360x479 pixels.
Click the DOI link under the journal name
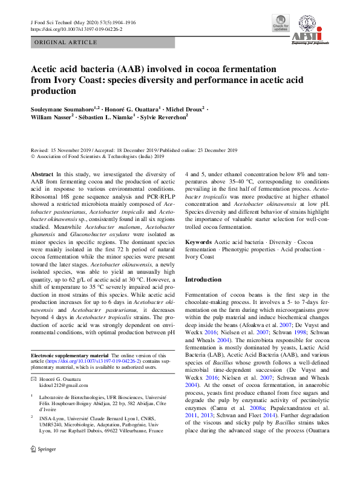click(76, 28)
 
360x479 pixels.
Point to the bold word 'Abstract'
click(43, 173)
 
